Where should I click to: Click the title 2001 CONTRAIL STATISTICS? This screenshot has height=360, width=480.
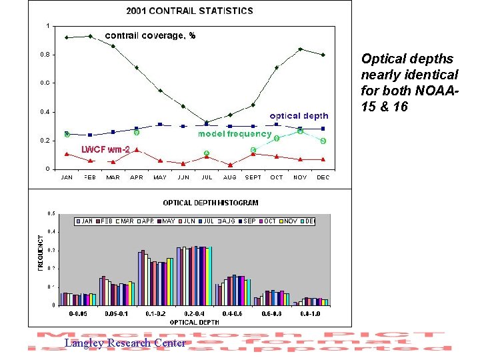(190, 11)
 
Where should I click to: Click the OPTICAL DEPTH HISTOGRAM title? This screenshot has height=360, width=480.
(211, 202)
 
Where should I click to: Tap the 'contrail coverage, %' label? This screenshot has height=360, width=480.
(150, 35)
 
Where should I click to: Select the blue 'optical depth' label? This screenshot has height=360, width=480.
(299, 116)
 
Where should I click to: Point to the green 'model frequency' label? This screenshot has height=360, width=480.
(235, 134)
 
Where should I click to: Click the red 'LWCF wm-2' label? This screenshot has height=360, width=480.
(105, 149)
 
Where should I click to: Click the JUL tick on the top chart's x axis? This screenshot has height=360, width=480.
(207, 177)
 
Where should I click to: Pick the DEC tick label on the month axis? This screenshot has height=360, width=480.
(323, 177)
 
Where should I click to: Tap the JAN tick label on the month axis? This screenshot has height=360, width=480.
(67, 177)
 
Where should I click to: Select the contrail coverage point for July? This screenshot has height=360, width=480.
(207, 122)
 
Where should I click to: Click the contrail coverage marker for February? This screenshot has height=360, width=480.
(90, 36)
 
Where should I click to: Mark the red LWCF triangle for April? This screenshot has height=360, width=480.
(137, 150)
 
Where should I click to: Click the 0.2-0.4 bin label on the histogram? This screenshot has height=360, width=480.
(195, 313)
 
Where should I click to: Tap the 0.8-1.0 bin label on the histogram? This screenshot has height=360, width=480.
(311, 313)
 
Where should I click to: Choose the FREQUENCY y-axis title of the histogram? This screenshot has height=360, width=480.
(39, 252)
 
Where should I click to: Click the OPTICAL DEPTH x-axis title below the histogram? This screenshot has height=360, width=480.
(193, 322)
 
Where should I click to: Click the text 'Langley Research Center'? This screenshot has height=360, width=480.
(125, 343)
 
